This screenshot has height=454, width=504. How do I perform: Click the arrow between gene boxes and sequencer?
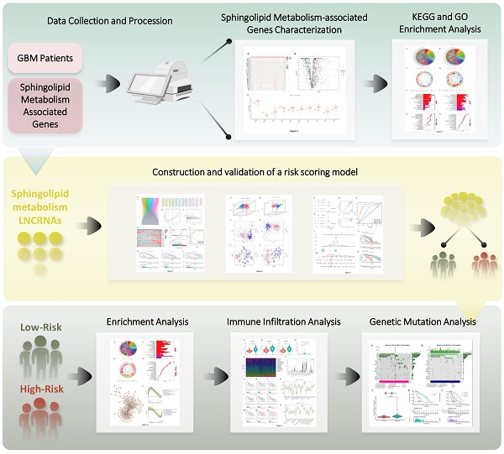tap(108, 84)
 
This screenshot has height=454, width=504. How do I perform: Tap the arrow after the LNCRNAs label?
tap(89, 224)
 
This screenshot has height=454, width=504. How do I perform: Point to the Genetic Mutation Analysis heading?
tap(421, 321)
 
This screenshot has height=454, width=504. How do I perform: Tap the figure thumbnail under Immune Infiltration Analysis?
tap(278, 383)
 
